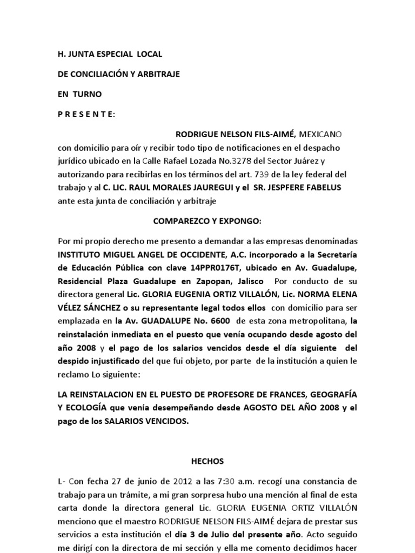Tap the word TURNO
87,94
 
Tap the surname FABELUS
319,187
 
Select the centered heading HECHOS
207,461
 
